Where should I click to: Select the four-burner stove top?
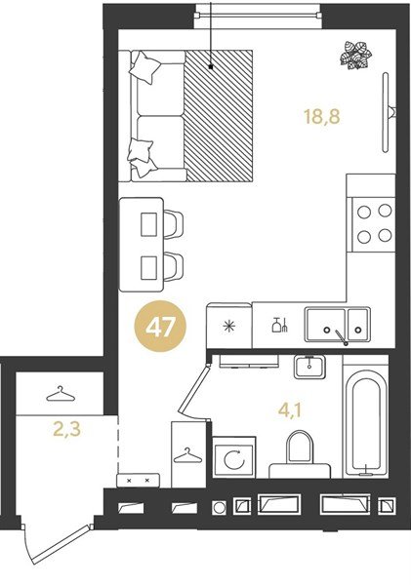click(x=372, y=222)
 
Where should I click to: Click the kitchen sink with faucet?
click(x=336, y=325)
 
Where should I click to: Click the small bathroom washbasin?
click(x=310, y=367)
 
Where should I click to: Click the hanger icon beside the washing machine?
click(x=185, y=453)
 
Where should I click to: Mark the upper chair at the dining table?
click(x=172, y=223)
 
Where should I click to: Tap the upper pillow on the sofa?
click(x=146, y=66)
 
